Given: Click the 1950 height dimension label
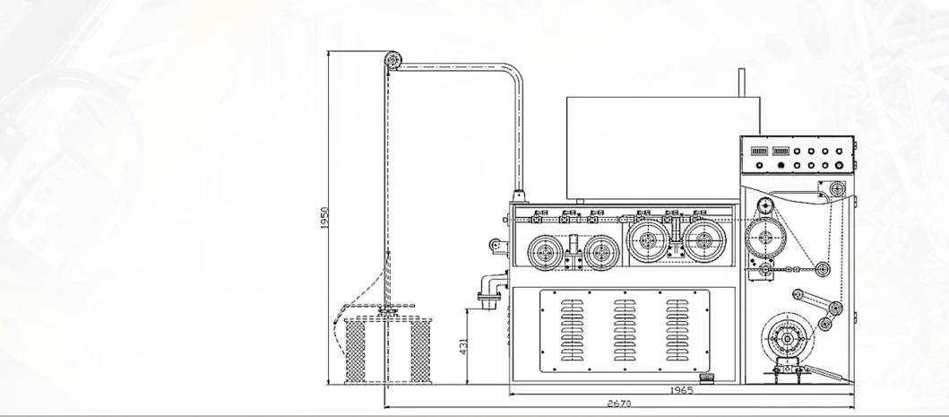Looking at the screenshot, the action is pos(324,218).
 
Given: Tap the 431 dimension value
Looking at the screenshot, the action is pos(464,346).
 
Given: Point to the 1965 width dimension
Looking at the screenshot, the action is pos(681,390).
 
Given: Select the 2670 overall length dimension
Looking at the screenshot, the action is pos(619,403).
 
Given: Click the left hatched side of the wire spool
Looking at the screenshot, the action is pos(355,352).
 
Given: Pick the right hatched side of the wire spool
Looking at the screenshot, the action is pos(420,352).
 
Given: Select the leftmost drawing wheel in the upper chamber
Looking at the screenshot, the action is pos(546,252).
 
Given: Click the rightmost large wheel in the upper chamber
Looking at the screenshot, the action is pos(703,240).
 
